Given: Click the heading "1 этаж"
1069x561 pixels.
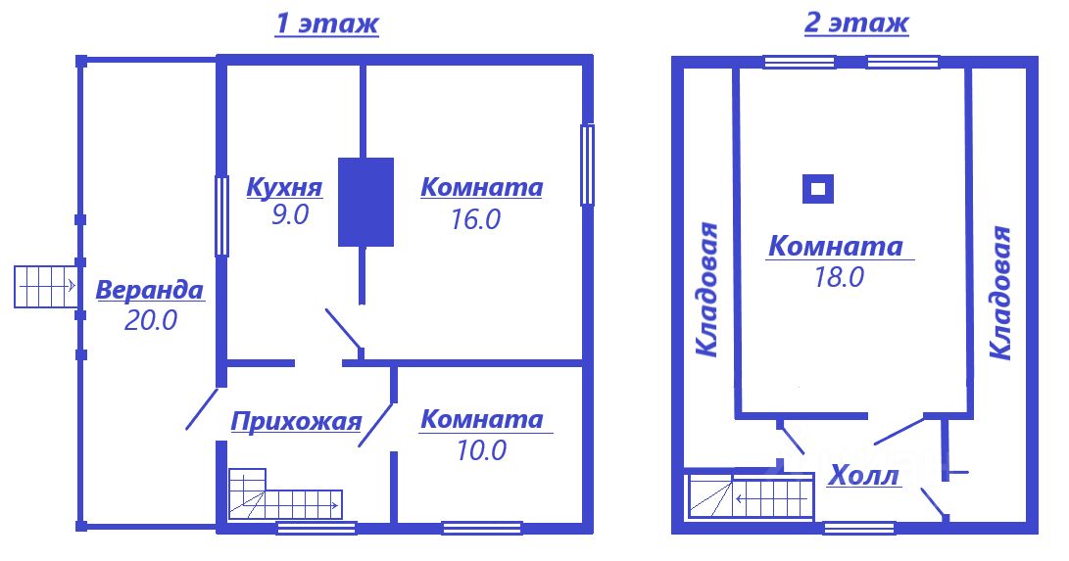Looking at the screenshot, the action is point(325,23).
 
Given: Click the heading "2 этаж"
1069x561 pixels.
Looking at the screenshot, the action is point(855,23).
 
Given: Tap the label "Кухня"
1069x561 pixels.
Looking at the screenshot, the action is point(284,186).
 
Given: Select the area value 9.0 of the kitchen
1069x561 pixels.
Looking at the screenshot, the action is point(290,215).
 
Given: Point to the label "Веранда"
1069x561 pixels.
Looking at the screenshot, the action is point(150,291).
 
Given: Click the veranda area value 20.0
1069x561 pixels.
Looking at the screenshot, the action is point(151,320).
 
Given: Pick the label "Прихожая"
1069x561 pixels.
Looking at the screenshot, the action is point(296,422).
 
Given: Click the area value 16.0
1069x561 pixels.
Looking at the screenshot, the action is point(476,219).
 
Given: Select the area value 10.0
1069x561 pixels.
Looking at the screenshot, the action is point(480,450).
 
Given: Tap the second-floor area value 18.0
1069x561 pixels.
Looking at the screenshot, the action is point(838,277).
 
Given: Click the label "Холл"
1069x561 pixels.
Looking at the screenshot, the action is point(863,478).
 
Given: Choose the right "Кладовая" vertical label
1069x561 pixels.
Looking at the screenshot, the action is point(999,294).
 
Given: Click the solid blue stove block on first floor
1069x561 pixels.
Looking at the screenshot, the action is point(365,202).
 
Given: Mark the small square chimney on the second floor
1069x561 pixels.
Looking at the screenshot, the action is point(818,188).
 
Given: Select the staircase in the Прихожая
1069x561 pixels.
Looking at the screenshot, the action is point(284,495).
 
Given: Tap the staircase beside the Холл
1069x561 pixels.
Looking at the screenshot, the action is point(751,495).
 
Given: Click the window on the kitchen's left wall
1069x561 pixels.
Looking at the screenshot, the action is point(221,214).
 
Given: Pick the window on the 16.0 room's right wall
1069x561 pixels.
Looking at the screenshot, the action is point(587,164).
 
